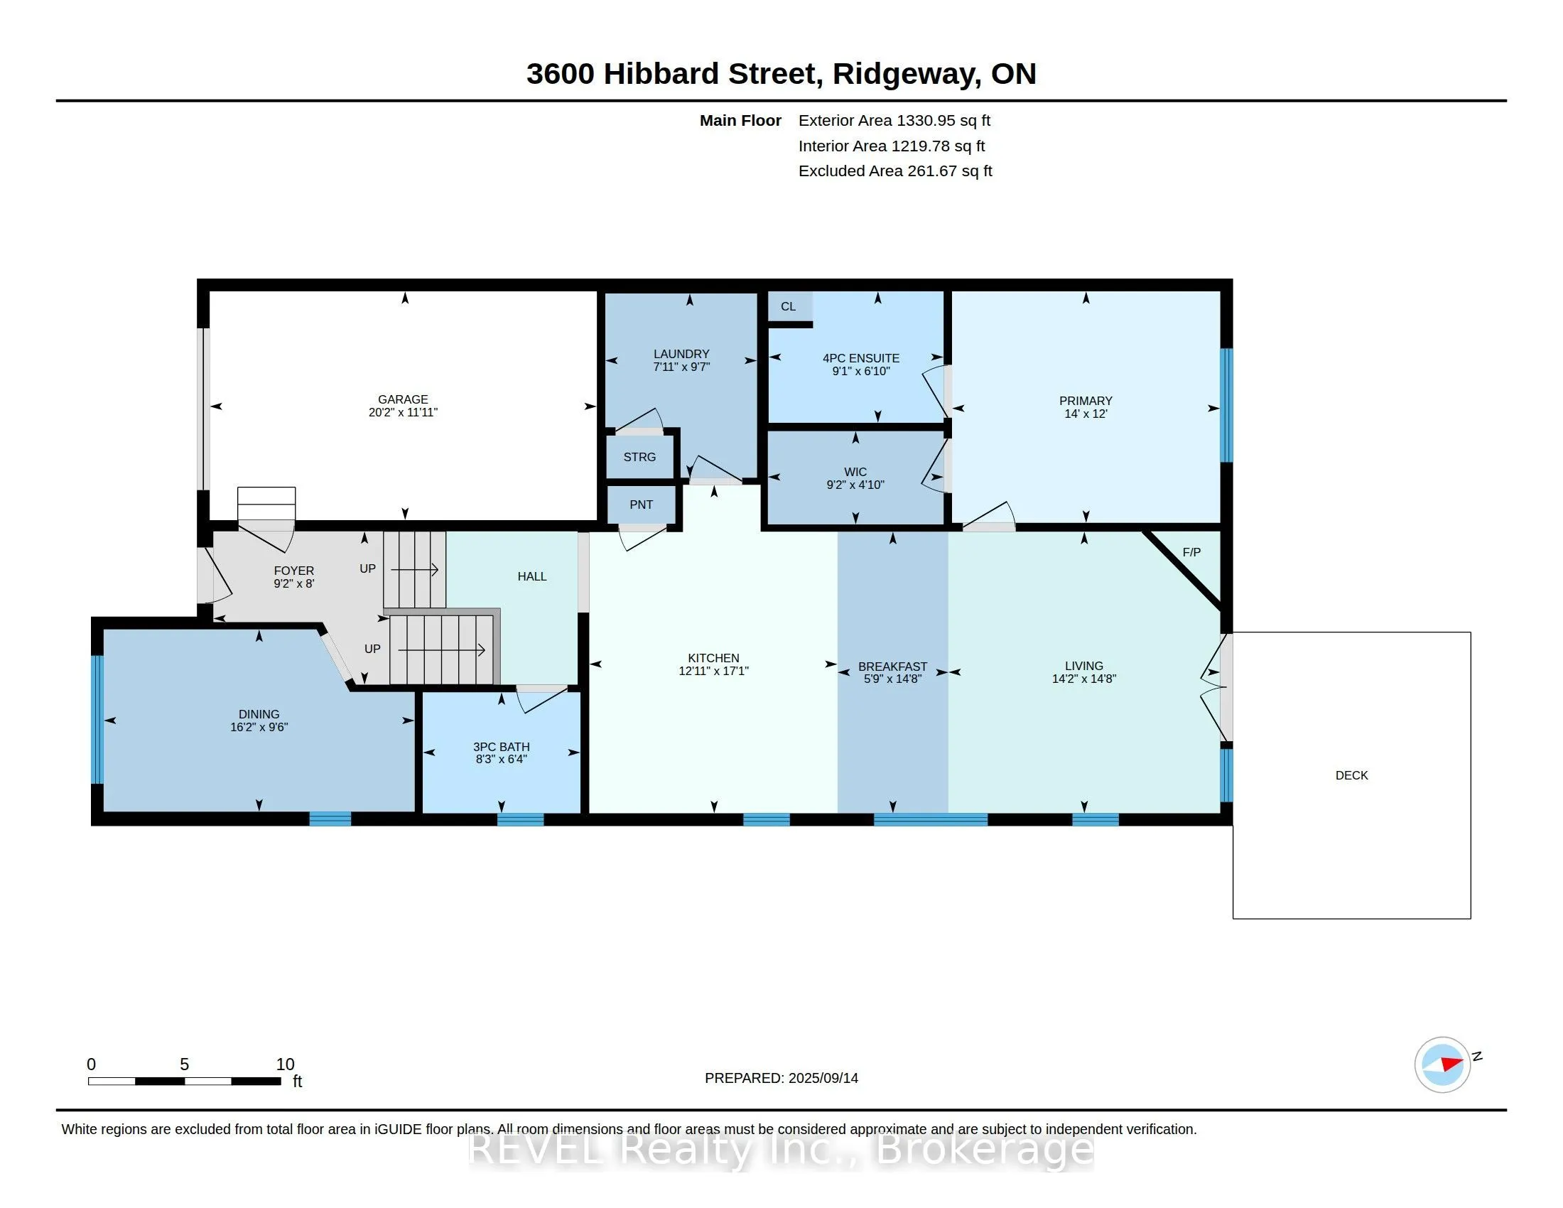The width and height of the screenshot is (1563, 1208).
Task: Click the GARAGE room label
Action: [x=403, y=399]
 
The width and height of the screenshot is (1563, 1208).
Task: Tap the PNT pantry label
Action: [x=642, y=505]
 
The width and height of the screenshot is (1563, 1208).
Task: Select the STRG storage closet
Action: [x=639, y=457]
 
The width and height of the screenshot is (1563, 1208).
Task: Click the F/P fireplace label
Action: [x=1191, y=551]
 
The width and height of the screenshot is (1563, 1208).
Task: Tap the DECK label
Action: [x=1352, y=775]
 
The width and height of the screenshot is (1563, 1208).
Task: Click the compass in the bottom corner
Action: [x=1443, y=1065]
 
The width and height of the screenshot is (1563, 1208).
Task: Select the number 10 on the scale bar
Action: [x=285, y=1064]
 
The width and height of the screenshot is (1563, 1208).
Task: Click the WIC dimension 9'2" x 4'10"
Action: [x=855, y=485]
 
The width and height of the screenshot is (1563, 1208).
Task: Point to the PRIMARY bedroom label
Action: [x=1086, y=401]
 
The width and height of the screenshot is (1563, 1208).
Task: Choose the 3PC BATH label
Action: [x=501, y=746]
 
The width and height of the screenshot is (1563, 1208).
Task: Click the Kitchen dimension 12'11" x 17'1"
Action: [x=713, y=671]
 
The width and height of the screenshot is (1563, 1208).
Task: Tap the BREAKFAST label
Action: [x=892, y=667]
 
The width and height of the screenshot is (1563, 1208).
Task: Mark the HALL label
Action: [x=531, y=576]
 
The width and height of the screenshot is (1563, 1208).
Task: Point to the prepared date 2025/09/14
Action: [x=823, y=1078]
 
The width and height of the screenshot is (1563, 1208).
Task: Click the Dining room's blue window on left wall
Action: [x=97, y=719]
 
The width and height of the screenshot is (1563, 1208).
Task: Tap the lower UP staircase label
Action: [x=372, y=648]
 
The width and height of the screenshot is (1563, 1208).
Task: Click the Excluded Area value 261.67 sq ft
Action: [x=950, y=171]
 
